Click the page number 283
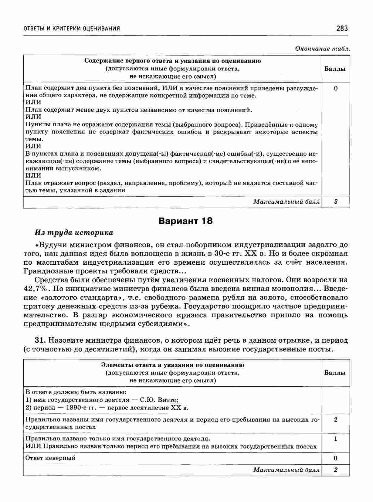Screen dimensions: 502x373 (x=342, y=29)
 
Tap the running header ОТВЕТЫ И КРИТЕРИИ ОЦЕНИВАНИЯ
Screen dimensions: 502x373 (x=72, y=29)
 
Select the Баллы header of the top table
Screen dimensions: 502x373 (x=335, y=69)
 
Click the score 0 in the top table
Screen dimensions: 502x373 (x=336, y=89)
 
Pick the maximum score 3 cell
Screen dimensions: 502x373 (x=336, y=202)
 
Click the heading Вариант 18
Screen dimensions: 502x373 (x=186, y=221)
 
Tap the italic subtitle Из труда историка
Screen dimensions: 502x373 (x=74, y=233)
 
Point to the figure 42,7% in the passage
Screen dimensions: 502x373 (x=35, y=288)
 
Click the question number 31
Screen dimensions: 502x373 (x=40, y=340)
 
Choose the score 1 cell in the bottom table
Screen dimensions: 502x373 (x=336, y=439)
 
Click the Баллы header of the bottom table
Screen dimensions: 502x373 (x=335, y=373)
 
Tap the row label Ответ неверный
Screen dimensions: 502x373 (x=50, y=458)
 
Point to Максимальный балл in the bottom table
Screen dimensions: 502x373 (x=287, y=470)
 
